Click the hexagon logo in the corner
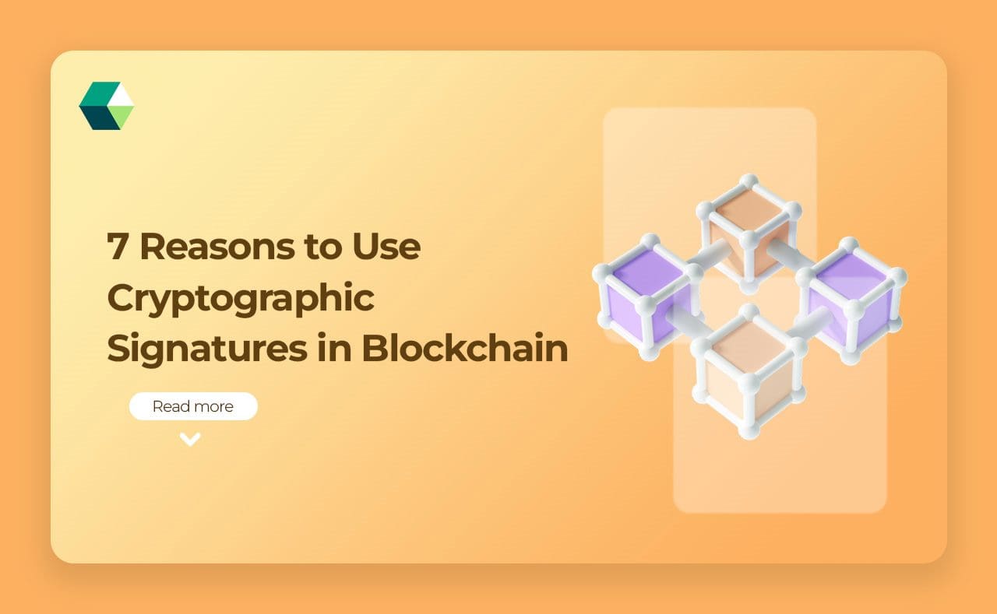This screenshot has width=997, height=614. click(x=107, y=106)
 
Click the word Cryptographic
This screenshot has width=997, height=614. click(x=241, y=299)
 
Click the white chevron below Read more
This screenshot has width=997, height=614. click(x=190, y=440)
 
